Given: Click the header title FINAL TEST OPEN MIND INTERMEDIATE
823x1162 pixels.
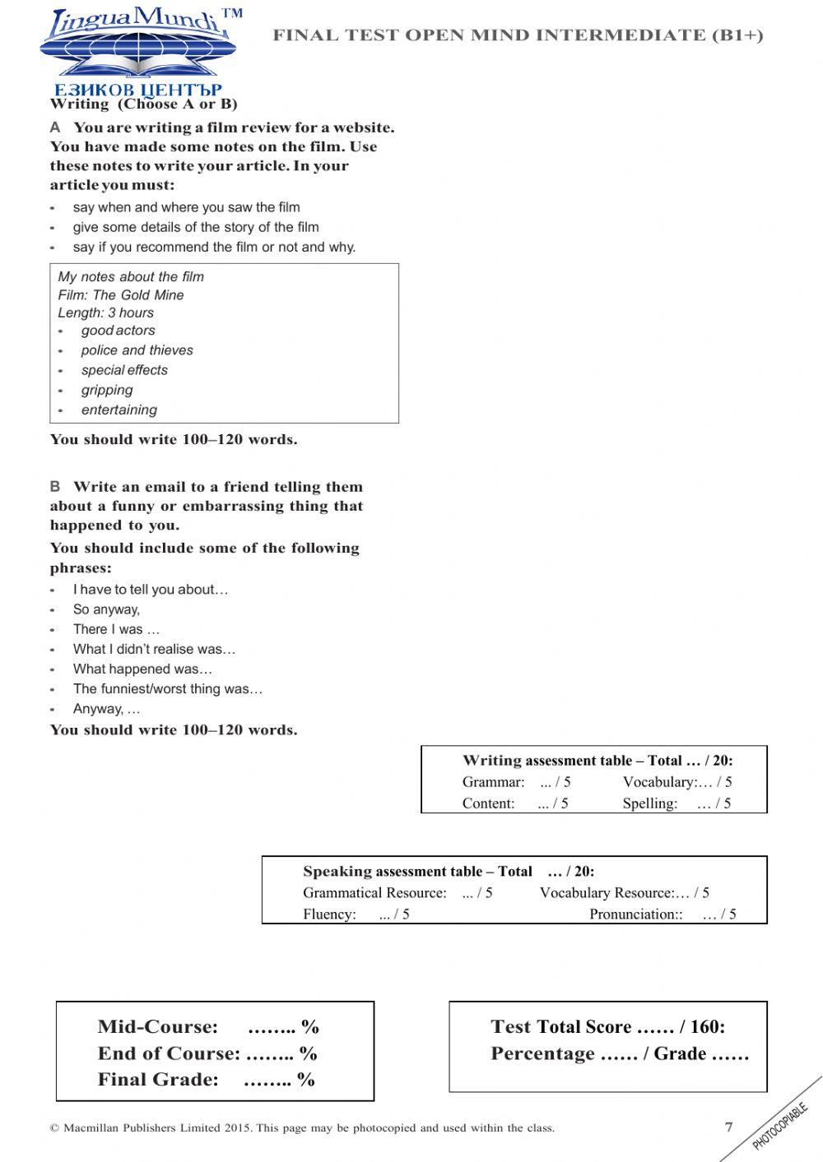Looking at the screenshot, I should [x=518, y=35].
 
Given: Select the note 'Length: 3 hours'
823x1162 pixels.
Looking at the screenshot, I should [x=105, y=313].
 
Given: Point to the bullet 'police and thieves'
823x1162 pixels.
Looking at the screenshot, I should [x=137, y=350].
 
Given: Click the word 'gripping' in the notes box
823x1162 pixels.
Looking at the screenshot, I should [x=107, y=391].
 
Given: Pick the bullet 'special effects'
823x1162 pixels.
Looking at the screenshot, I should [x=124, y=371].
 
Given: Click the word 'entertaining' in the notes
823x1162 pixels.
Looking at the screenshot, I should [x=119, y=410].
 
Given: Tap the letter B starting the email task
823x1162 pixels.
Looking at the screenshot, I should [x=55, y=487].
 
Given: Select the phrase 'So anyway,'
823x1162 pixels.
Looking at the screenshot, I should [x=106, y=610].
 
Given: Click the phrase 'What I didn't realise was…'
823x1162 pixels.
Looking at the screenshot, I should [x=154, y=650].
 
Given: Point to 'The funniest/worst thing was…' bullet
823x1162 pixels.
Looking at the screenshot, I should [x=168, y=690].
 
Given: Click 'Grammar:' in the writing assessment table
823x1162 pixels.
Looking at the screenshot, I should [x=493, y=783].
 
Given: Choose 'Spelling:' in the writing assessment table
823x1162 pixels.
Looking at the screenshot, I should [x=650, y=804].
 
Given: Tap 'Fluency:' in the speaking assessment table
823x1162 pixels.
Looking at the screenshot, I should [x=329, y=914].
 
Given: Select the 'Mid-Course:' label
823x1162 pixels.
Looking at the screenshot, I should [x=158, y=1027].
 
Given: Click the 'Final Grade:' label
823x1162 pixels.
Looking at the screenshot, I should [x=158, y=1080].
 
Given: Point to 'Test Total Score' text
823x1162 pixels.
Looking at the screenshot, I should [x=561, y=1027].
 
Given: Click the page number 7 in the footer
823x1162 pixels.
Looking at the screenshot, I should [x=728, y=1127].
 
